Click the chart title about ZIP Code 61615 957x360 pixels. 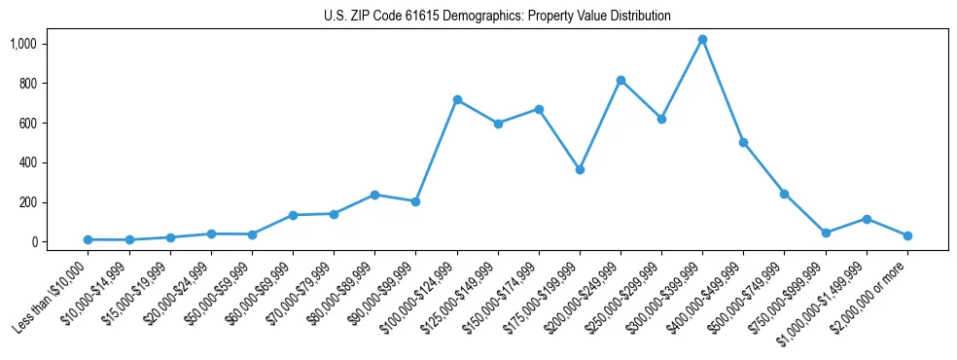pyautogui.click(x=497, y=17)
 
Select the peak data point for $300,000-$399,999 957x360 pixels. pyautogui.click(x=702, y=40)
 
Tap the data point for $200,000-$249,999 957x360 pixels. pyautogui.click(x=620, y=81)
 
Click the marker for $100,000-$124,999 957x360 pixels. pyautogui.click(x=457, y=100)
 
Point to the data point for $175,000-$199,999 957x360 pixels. pyautogui.click(x=580, y=169)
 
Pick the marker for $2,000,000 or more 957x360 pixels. pyautogui.click(x=907, y=235)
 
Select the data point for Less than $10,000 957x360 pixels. pyautogui.click(x=89, y=239)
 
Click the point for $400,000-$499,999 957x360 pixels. pyautogui.click(x=743, y=142)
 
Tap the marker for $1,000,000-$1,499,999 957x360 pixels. pyautogui.click(x=866, y=219)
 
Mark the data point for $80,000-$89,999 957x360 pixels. pyautogui.click(x=375, y=195)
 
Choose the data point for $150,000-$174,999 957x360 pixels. pyautogui.click(x=539, y=109)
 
